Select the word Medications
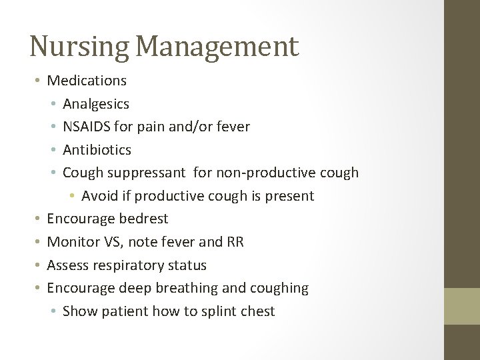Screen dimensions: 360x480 [x=87, y=81]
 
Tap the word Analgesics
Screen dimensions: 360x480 [x=96, y=104]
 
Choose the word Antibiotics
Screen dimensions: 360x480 [x=97, y=150]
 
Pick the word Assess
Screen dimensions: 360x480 [x=67, y=265]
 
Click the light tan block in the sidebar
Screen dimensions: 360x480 [x=462, y=306]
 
